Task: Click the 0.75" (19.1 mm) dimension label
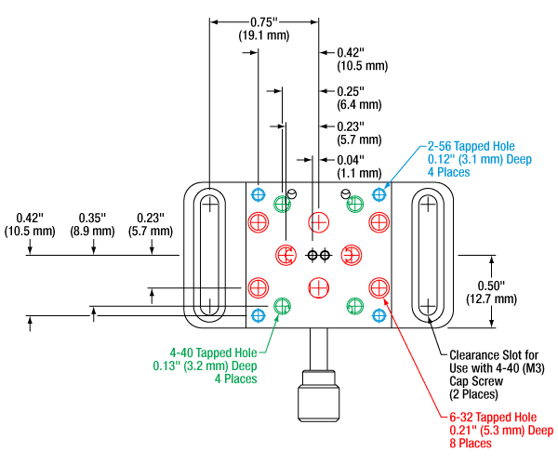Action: [264, 28]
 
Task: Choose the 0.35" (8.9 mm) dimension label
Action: [93, 223]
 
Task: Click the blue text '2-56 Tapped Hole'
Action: [471, 146]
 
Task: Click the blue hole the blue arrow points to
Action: [379, 195]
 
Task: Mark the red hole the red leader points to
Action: [379, 286]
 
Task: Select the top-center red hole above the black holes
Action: [318, 221]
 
